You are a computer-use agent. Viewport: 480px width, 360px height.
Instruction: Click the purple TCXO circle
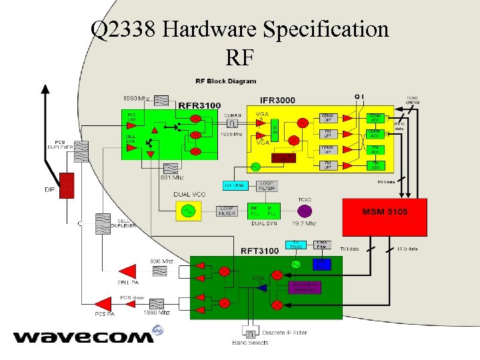click(305, 211)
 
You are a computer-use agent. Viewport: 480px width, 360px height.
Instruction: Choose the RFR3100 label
click(199, 105)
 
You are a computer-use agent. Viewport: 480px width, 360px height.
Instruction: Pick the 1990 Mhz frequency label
click(136, 98)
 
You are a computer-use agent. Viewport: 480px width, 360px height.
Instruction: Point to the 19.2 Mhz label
click(304, 224)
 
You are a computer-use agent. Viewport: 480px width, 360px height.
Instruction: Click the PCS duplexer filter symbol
click(80, 153)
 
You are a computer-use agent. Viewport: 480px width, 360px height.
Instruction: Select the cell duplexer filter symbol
click(103, 223)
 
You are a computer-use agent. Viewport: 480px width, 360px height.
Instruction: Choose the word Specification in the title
click(326, 29)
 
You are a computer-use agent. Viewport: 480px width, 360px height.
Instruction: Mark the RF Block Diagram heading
click(225, 81)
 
